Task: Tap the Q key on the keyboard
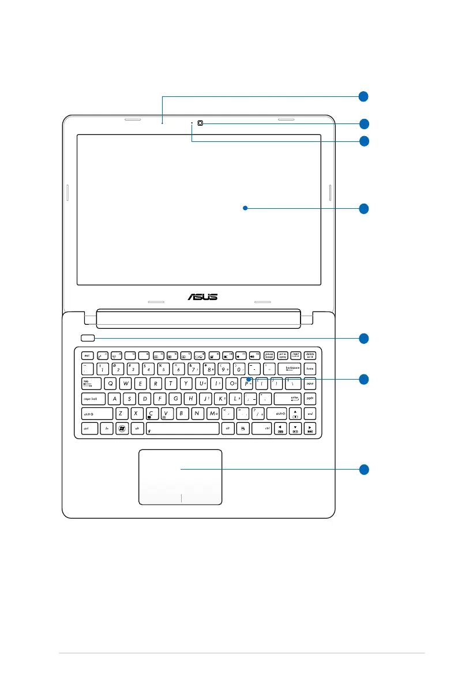tap(110, 383)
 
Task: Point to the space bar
tap(183, 428)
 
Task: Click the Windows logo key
tap(122, 428)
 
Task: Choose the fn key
tap(106, 428)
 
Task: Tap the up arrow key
tap(295, 413)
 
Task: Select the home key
tap(310, 369)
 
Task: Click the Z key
tap(120, 413)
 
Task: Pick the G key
tap(177, 398)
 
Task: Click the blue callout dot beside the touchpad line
tap(363, 469)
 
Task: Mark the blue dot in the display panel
tap(245, 208)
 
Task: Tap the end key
tap(310, 413)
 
